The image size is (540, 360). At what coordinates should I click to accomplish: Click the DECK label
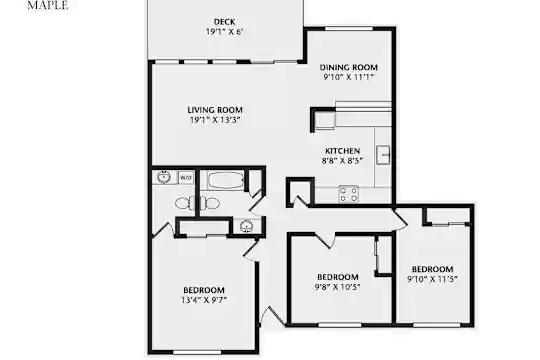coord(225,22)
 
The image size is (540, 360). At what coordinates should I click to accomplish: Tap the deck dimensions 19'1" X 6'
coord(225,32)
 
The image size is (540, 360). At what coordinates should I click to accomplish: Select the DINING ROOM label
coord(349,67)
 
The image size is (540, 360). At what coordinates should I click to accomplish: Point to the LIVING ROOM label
coord(215,110)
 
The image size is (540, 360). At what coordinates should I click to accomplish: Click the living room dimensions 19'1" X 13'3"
coord(215,120)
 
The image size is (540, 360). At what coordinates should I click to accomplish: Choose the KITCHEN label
coord(343,151)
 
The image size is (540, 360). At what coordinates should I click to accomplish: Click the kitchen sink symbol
coord(383,155)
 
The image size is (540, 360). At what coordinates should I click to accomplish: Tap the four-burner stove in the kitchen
coord(349,194)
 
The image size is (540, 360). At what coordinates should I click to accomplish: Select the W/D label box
coord(186,178)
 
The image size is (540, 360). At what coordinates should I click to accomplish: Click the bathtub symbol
coord(226,180)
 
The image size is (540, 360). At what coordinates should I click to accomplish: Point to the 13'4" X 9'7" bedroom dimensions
coord(204,300)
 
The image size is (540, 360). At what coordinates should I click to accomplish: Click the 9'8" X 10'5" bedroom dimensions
coord(338,287)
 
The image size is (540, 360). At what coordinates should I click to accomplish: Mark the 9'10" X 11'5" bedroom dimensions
coord(432,279)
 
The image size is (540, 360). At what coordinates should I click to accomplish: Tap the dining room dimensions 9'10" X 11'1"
coord(349,77)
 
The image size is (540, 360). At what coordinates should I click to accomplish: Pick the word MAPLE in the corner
coord(48,5)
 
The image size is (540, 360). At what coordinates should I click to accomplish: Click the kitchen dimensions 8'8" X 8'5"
coord(343,161)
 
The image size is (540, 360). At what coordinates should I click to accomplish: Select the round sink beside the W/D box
coord(164,177)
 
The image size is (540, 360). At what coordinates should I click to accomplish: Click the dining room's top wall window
coord(349,29)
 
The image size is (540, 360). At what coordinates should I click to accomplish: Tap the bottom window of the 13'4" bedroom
coord(197,352)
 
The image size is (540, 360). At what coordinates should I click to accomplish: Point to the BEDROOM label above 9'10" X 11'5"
coord(433,269)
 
